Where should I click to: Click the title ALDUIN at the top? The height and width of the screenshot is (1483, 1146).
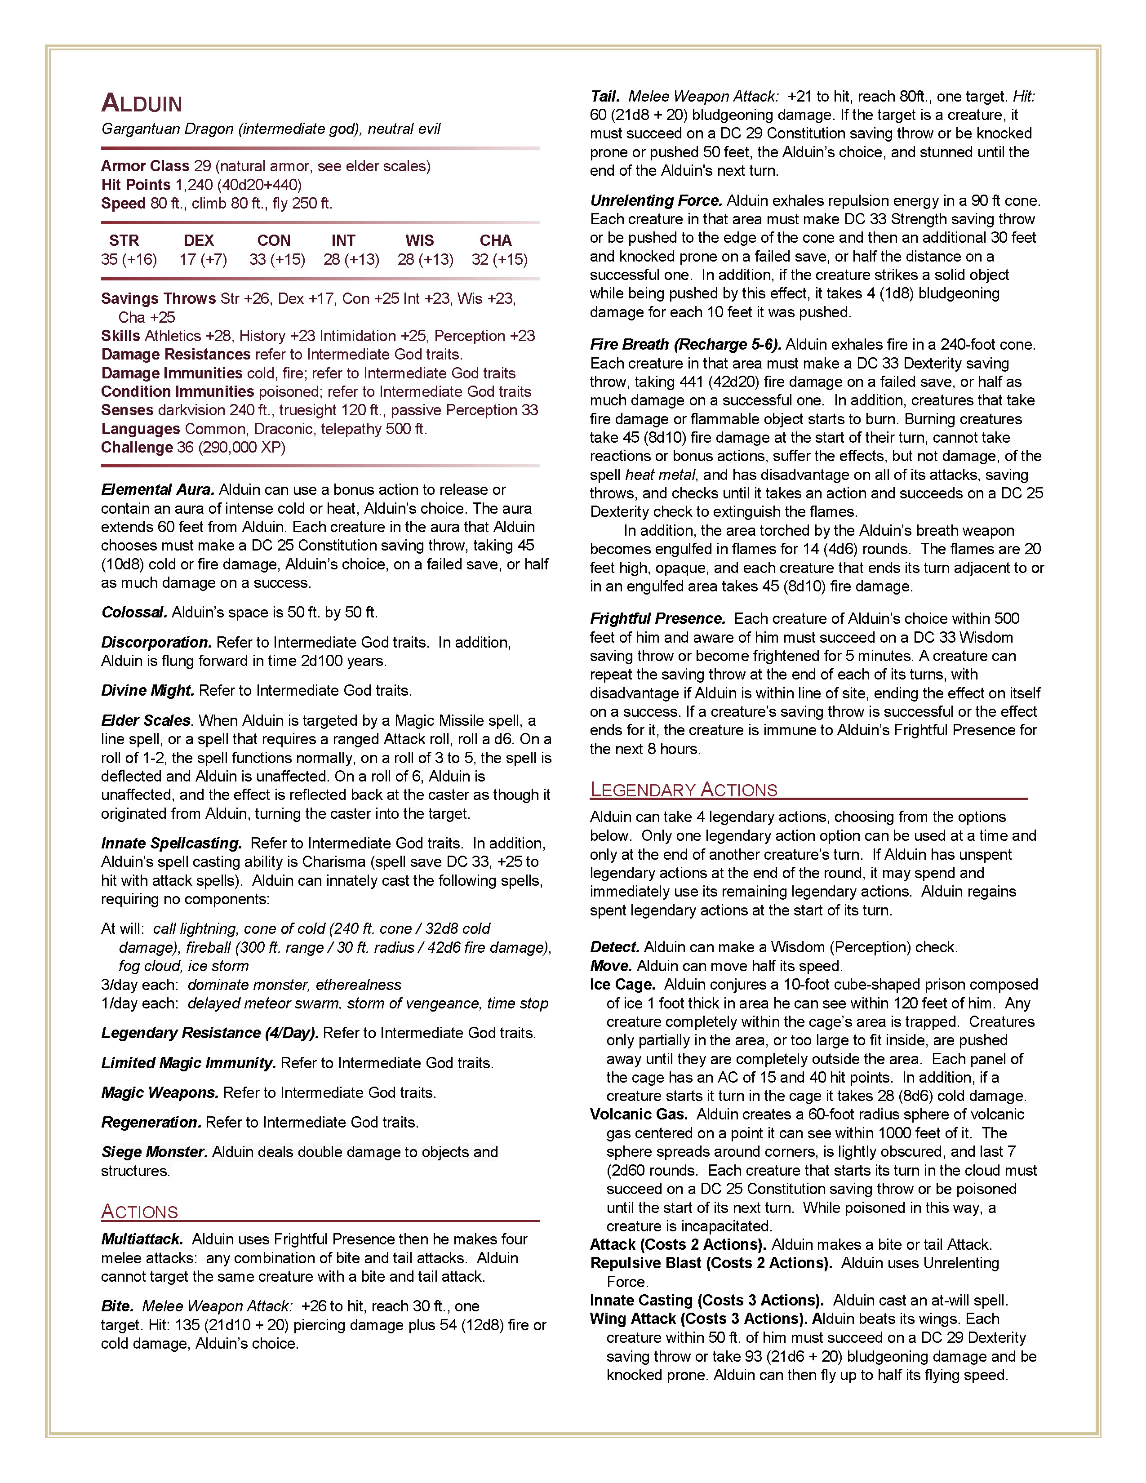(142, 104)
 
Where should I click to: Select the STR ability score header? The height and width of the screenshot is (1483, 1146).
(124, 240)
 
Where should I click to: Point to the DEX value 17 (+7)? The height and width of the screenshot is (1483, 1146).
(203, 259)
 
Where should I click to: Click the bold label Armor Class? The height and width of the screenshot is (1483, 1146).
(145, 166)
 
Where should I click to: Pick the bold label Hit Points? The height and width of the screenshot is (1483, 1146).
(136, 185)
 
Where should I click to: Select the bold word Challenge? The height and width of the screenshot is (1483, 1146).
(137, 448)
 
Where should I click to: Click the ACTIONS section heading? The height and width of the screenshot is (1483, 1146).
(140, 1212)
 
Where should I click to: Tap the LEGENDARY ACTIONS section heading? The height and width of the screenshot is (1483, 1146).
(683, 790)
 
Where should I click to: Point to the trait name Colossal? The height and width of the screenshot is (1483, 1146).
(134, 613)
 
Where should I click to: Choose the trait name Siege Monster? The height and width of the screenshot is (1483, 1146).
(154, 1152)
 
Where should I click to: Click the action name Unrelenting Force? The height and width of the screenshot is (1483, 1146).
(656, 201)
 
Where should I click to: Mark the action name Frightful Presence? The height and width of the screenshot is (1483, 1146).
(657, 619)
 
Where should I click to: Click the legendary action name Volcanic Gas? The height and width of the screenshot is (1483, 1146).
(638, 1114)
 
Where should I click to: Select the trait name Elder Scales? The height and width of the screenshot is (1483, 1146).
(146, 720)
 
